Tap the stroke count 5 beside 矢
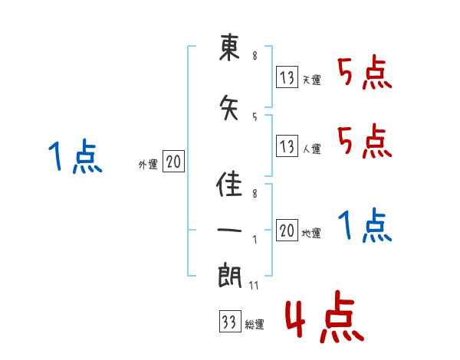pyautogui.click(x=255, y=116)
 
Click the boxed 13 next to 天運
pyautogui.click(x=287, y=77)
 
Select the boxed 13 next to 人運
pyautogui.click(x=287, y=145)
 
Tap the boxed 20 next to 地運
pyautogui.click(x=287, y=230)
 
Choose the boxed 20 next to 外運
pyautogui.click(x=173, y=162)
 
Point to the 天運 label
pyautogui.click(x=312, y=80)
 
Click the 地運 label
pyautogui.click(x=312, y=234)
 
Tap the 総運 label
pyautogui.click(x=255, y=325)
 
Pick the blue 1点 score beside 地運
pyautogui.click(x=364, y=225)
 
